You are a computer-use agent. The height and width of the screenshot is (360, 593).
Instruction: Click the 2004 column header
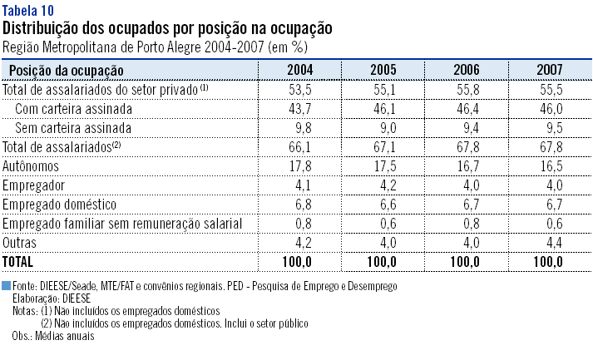[299, 70]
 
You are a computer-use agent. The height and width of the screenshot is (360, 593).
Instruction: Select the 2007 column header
[549, 70]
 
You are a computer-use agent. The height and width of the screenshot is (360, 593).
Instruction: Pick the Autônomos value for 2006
[466, 165]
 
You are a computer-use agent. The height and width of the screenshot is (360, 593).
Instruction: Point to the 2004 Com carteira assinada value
[299, 108]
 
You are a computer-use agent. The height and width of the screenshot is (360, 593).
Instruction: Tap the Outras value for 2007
[549, 242]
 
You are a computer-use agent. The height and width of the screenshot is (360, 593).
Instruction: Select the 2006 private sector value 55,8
[466, 89]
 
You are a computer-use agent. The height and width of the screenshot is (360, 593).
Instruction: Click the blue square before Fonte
[7, 285]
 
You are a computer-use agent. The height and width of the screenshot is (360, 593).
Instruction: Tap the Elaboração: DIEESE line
[52, 296]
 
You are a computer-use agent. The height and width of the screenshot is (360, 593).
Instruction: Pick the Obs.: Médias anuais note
[53, 337]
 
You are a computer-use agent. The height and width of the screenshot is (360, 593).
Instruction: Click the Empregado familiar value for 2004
[299, 223]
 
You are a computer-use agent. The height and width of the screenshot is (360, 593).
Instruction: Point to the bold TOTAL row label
[19, 261]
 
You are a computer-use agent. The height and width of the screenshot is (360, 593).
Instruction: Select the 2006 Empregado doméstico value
[466, 204]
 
